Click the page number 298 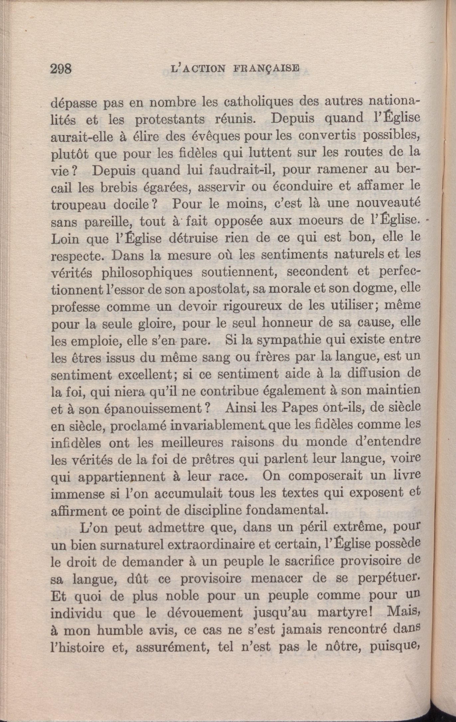[x=61, y=69]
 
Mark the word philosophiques [x=147, y=272]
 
